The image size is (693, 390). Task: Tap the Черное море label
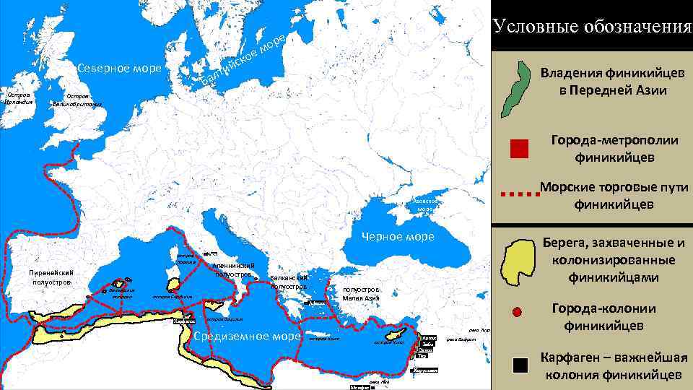pos(398,237)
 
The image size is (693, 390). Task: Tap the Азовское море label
pos(424,204)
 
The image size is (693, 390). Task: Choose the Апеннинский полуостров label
pos(232,269)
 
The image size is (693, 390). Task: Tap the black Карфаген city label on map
pos(185,321)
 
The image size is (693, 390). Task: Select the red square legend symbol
pos(519,148)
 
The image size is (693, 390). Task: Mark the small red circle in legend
pos(516,312)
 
